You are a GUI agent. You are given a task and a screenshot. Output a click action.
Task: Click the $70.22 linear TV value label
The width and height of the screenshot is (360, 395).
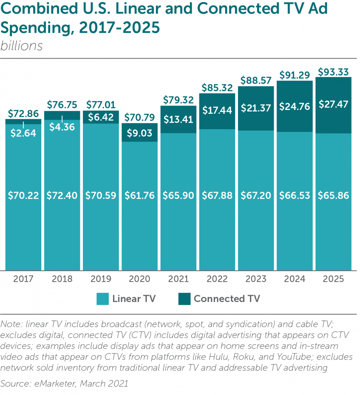(x=24, y=196)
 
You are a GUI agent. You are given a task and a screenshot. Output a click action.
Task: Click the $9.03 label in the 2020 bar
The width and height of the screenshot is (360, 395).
(x=140, y=133)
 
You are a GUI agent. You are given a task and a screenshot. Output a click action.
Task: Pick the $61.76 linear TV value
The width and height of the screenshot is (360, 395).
(x=140, y=196)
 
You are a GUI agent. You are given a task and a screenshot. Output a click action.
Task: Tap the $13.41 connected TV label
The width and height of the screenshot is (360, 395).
(x=179, y=120)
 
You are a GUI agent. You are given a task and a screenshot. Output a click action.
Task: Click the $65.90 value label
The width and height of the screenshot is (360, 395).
(x=179, y=196)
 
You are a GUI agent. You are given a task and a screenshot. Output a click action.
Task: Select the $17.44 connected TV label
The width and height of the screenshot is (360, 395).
(x=217, y=111)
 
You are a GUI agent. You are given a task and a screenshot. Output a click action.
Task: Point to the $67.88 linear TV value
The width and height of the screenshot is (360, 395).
(x=217, y=196)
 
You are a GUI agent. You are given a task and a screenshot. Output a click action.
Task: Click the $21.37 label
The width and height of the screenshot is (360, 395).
(x=256, y=108)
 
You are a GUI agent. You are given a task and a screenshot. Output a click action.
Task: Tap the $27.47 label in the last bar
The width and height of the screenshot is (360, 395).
(x=333, y=104)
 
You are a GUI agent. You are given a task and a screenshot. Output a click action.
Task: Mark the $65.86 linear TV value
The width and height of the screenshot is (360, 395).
(x=333, y=196)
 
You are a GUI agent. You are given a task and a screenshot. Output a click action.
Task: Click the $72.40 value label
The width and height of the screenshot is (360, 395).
(x=62, y=196)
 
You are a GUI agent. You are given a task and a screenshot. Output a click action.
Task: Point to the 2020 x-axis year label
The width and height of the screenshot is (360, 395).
(x=140, y=279)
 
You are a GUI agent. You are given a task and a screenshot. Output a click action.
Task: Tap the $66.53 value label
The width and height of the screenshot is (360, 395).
(x=295, y=196)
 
